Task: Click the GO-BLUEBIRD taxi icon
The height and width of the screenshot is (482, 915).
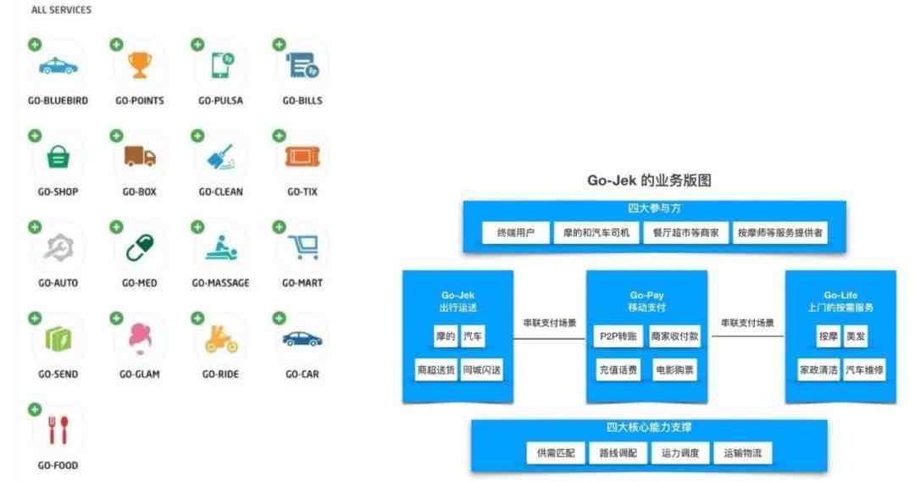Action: [x=58, y=66]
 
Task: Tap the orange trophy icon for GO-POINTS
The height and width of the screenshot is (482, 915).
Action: [x=140, y=65]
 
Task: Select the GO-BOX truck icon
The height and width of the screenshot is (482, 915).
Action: [x=140, y=157]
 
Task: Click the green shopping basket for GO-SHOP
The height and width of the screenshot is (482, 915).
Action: [x=58, y=157]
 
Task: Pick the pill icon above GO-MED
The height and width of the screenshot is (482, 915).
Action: [x=140, y=248]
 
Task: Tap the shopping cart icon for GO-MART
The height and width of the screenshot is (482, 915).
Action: [x=303, y=247]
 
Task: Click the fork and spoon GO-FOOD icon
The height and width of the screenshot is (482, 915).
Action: [x=58, y=430]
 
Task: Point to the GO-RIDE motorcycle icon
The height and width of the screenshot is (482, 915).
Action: [x=221, y=339]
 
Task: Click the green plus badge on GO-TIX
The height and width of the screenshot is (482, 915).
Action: [x=279, y=136]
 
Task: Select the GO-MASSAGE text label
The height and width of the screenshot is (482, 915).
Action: [x=220, y=283]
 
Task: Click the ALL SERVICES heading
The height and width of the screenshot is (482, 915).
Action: [x=61, y=10]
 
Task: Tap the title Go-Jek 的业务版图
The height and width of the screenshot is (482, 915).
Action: [x=649, y=180]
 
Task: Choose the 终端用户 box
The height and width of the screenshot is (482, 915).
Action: [x=516, y=233]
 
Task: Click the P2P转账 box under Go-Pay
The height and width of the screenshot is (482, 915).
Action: [x=618, y=336]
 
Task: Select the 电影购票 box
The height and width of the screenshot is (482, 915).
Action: [x=674, y=370]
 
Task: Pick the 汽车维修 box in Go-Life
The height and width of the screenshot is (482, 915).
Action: [x=864, y=370]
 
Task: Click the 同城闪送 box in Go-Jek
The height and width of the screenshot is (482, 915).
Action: [x=481, y=370]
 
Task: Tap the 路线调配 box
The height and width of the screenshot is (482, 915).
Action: [x=618, y=453]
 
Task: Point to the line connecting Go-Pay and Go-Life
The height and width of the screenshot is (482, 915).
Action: [x=747, y=336]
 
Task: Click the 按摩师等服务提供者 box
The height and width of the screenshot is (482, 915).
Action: [x=779, y=233]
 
